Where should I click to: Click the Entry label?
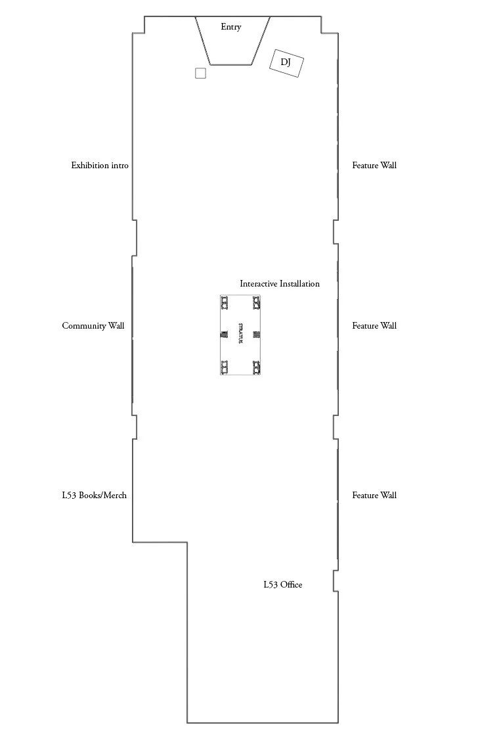click(x=231, y=27)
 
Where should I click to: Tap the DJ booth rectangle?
click(x=286, y=64)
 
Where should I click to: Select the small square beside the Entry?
click(x=200, y=73)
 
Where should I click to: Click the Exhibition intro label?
click(x=100, y=165)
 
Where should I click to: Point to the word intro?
click(x=120, y=165)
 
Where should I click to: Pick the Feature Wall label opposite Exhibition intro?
click(x=374, y=165)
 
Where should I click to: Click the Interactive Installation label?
click(x=280, y=284)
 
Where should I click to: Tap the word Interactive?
click(x=259, y=284)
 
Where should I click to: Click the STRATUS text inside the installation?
click(x=240, y=335)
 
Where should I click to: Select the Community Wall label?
click(x=93, y=326)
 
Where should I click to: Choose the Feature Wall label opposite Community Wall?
click(x=374, y=326)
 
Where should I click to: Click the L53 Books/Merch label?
click(x=95, y=496)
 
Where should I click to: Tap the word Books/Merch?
click(x=102, y=496)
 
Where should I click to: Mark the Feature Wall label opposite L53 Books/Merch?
click(x=374, y=496)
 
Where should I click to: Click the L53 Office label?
click(x=283, y=584)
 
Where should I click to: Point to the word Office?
click(x=292, y=584)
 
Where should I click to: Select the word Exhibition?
click(x=90, y=165)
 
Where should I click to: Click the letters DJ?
click(x=286, y=62)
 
